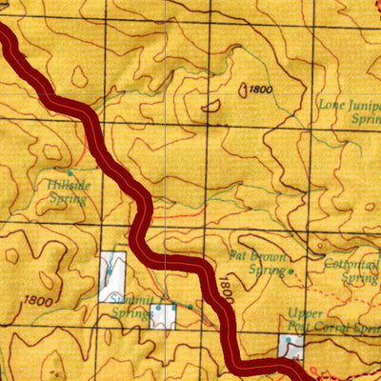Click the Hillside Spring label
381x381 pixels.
[67, 193]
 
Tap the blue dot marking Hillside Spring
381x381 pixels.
[69, 172]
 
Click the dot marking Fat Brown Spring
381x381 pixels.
[291, 271]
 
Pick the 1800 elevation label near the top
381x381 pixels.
[260, 90]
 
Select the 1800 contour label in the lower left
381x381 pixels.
[39, 301]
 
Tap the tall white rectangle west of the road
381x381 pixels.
[112, 276]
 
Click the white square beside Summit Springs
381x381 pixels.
[162, 316]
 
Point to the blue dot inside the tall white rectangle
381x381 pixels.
[110, 271]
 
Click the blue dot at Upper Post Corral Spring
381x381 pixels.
[289, 339]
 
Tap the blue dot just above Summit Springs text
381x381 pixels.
[157, 308]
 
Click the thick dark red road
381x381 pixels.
[143, 205]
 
